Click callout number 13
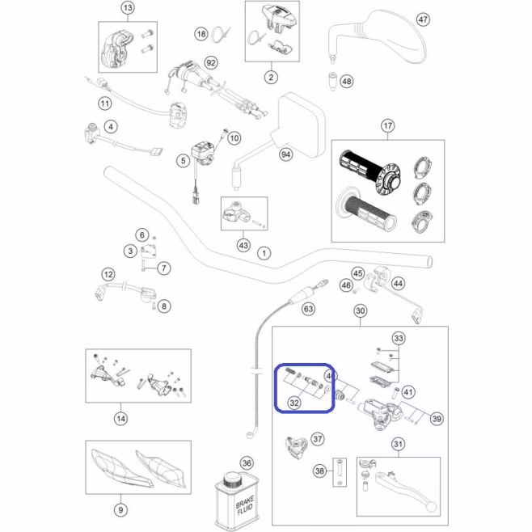click(127, 8)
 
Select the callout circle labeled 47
click(422, 20)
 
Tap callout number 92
click(211, 62)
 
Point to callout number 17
click(388, 125)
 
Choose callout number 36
click(247, 464)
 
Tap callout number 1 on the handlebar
click(264, 253)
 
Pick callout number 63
click(308, 308)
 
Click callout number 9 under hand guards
click(120, 509)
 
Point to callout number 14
click(120, 418)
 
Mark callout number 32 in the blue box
click(294, 401)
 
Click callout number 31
click(398, 444)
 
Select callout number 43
click(243, 244)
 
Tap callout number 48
click(347, 82)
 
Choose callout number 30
click(361, 311)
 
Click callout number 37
click(318, 438)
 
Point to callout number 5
click(184, 161)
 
